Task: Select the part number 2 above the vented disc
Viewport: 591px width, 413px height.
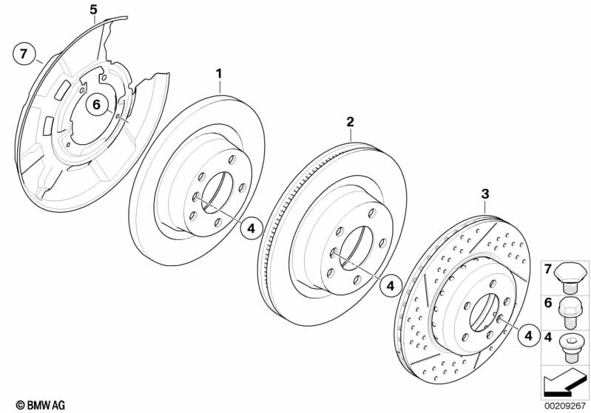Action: (351, 121)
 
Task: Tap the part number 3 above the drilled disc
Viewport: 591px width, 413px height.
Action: (484, 194)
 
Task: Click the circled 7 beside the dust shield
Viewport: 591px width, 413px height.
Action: (24, 53)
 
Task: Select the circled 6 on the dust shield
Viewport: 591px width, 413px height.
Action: (95, 105)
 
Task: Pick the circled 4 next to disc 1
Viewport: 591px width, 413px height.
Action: (251, 229)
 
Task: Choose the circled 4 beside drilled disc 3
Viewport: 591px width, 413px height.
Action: (527, 336)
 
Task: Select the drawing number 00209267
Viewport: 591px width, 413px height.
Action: (565, 405)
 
